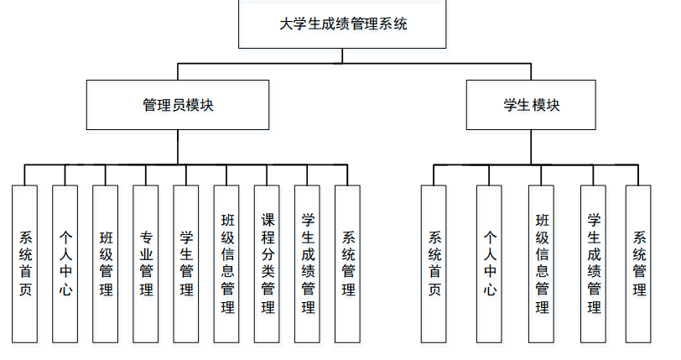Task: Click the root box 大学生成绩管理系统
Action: coord(342,24)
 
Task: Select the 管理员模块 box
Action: coord(177,105)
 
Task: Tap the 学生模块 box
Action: coord(531,105)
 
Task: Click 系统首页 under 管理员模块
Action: coord(25,263)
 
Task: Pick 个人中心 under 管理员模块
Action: coord(65,263)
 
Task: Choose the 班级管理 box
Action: coord(106,263)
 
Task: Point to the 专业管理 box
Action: coord(146,263)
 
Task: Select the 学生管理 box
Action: coord(186,263)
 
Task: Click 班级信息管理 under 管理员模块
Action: coord(226,263)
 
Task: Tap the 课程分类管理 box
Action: coord(267,263)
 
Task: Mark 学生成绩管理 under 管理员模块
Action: coord(307,263)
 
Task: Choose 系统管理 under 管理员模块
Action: coord(347,263)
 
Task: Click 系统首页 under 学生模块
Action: coord(434,263)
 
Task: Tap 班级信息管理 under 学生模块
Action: coord(542,263)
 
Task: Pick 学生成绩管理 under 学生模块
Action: coord(594,263)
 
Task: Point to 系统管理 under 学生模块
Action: coord(638,263)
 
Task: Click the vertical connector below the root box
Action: coord(342,55)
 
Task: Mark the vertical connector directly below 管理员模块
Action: coord(177,147)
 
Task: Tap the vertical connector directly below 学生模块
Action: coord(531,147)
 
